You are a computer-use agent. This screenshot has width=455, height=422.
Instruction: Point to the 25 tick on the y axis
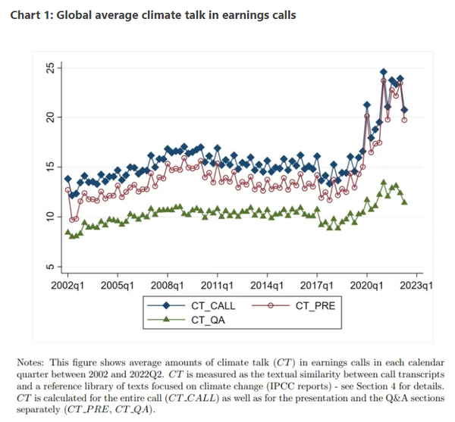click(51, 67)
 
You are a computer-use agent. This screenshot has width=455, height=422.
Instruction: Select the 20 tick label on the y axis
click(51, 117)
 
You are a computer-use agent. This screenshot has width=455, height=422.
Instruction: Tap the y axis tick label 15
click(51, 167)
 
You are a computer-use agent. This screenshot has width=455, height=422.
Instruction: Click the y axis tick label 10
click(51, 217)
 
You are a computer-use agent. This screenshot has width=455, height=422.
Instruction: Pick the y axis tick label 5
click(51, 267)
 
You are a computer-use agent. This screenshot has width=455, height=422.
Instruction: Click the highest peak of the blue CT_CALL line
click(384, 71)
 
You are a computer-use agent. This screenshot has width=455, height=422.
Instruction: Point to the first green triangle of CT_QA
click(67, 232)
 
